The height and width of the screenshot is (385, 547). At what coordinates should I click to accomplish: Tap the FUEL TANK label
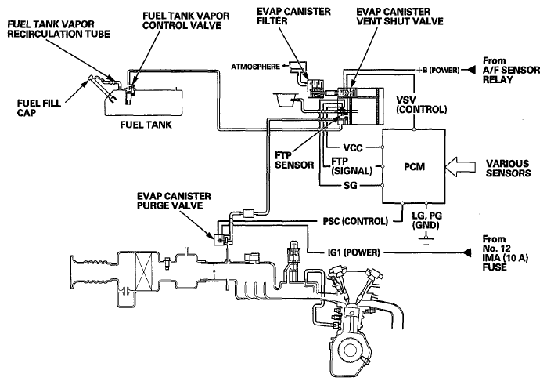tap(146, 125)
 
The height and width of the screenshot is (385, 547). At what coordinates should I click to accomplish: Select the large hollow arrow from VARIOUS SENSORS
tap(461, 166)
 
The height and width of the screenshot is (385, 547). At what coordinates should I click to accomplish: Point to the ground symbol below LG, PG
tap(426, 240)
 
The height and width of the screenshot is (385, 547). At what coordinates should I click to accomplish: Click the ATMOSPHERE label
tap(255, 67)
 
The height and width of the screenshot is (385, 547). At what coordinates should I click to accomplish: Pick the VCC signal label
tap(353, 147)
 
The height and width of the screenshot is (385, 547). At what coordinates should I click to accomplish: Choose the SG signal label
tap(351, 185)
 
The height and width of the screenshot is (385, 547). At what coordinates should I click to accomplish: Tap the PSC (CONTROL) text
tap(355, 221)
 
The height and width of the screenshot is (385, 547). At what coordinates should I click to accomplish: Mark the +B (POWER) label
tap(437, 70)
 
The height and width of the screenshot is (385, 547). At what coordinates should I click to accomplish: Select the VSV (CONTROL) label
tap(422, 104)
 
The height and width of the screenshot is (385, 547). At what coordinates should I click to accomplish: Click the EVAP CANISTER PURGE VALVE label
tap(174, 201)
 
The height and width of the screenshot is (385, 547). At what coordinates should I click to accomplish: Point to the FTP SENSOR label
tap(294, 160)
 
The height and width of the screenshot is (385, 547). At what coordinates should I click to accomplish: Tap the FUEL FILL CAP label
tap(38, 107)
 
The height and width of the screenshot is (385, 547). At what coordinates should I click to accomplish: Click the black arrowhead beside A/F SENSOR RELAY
tap(471, 70)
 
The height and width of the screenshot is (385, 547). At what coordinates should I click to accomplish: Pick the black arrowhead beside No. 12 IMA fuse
tap(466, 252)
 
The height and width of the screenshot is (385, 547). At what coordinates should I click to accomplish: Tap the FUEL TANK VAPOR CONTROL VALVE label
tap(186, 20)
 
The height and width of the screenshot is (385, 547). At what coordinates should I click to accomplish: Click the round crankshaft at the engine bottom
tap(350, 350)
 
